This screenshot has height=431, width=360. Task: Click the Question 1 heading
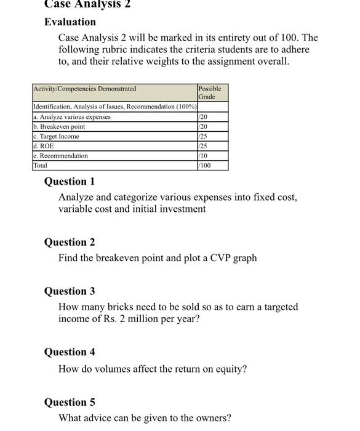pos(70,182)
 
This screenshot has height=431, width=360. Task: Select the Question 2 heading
pos(70,243)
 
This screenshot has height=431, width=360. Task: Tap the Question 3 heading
pos(70,291)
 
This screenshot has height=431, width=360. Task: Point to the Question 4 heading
pos(70,352)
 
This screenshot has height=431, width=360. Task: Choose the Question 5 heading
pos(70,403)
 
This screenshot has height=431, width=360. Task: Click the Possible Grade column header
pos(210,93)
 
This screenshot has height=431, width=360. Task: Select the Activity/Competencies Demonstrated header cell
pos(85,89)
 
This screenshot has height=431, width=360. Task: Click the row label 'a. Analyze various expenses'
pos(72,117)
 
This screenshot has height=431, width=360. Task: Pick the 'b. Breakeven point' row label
pos(59,127)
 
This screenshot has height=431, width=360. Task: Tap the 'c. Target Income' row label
pos(56,137)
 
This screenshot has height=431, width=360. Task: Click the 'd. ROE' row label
pos(43,147)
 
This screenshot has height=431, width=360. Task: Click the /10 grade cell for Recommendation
pos(204,156)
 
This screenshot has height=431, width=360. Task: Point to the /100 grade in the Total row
pos(206,166)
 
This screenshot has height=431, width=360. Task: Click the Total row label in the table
pos(40,166)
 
